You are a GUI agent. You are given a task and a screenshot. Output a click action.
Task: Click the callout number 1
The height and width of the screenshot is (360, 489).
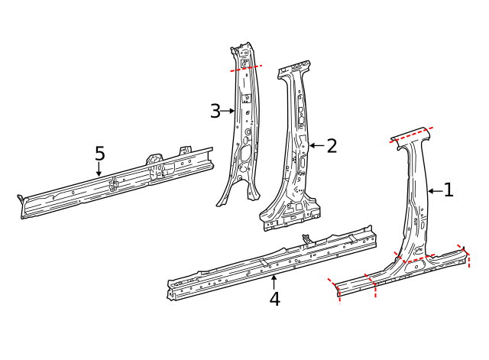(449, 190)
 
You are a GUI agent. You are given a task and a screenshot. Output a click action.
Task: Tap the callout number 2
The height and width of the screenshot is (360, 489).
(332, 146)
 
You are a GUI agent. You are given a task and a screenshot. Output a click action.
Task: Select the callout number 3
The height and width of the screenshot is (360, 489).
(215, 112)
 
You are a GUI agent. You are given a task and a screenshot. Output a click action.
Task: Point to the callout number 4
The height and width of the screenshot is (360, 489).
(274, 299)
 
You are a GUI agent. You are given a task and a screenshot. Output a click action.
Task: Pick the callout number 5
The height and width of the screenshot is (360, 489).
(99, 154)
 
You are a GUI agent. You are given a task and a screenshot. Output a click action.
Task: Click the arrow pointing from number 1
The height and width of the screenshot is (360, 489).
(433, 191)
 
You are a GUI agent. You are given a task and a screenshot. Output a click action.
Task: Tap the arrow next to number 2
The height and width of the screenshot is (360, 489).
(316, 145)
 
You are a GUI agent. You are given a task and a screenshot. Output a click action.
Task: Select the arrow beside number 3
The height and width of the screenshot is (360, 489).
(228, 112)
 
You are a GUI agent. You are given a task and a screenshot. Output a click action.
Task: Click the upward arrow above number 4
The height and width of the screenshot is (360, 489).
(274, 280)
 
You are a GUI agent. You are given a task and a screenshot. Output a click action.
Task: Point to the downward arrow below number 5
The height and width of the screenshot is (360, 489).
(99, 170)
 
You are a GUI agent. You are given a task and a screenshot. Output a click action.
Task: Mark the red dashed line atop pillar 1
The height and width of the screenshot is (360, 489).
(411, 134)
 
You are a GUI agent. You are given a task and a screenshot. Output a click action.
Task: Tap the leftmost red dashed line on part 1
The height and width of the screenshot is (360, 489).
(336, 290)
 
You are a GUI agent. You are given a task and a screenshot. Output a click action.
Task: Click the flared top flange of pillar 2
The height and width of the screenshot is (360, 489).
(294, 70)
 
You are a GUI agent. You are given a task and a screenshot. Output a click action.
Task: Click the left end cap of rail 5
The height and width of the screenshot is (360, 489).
(22, 206)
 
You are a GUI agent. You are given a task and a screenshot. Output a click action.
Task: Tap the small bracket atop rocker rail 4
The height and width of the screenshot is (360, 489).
(307, 240)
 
